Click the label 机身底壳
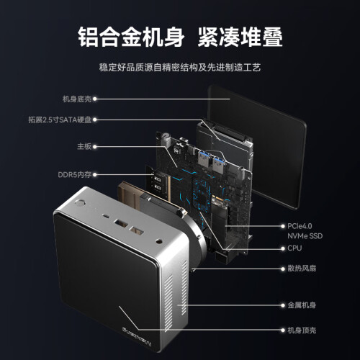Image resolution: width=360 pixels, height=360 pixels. [77, 99]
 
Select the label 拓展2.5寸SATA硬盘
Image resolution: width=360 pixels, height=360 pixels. [60, 120]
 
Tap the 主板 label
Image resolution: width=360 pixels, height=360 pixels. [84, 146]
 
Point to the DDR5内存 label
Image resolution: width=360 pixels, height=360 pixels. [75, 174]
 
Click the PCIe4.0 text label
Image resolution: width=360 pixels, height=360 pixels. [300, 226]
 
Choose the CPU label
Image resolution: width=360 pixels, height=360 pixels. [294, 248]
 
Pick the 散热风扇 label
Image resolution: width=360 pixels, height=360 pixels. [302, 269]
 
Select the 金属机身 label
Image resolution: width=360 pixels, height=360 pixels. [302, 305]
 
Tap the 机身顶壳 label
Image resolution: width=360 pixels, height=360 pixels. [302, 330]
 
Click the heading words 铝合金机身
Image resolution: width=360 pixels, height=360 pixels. [131, 37]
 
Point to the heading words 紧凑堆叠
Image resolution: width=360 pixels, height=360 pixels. [240, 37]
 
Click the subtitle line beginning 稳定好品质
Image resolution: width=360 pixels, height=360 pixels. [180, 68]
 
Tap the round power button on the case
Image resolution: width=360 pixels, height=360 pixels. [80, 203]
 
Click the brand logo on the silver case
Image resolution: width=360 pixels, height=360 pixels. [137, 336]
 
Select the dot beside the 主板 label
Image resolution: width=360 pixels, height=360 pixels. [95, 147]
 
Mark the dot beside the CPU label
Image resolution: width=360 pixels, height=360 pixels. [283, 248]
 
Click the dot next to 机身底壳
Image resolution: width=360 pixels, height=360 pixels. [95, 99]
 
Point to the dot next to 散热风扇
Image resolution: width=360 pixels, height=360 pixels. [283, 269]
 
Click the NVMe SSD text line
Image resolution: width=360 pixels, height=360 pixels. [305, 236]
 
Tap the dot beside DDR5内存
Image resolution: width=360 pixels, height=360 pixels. [95, 175]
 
